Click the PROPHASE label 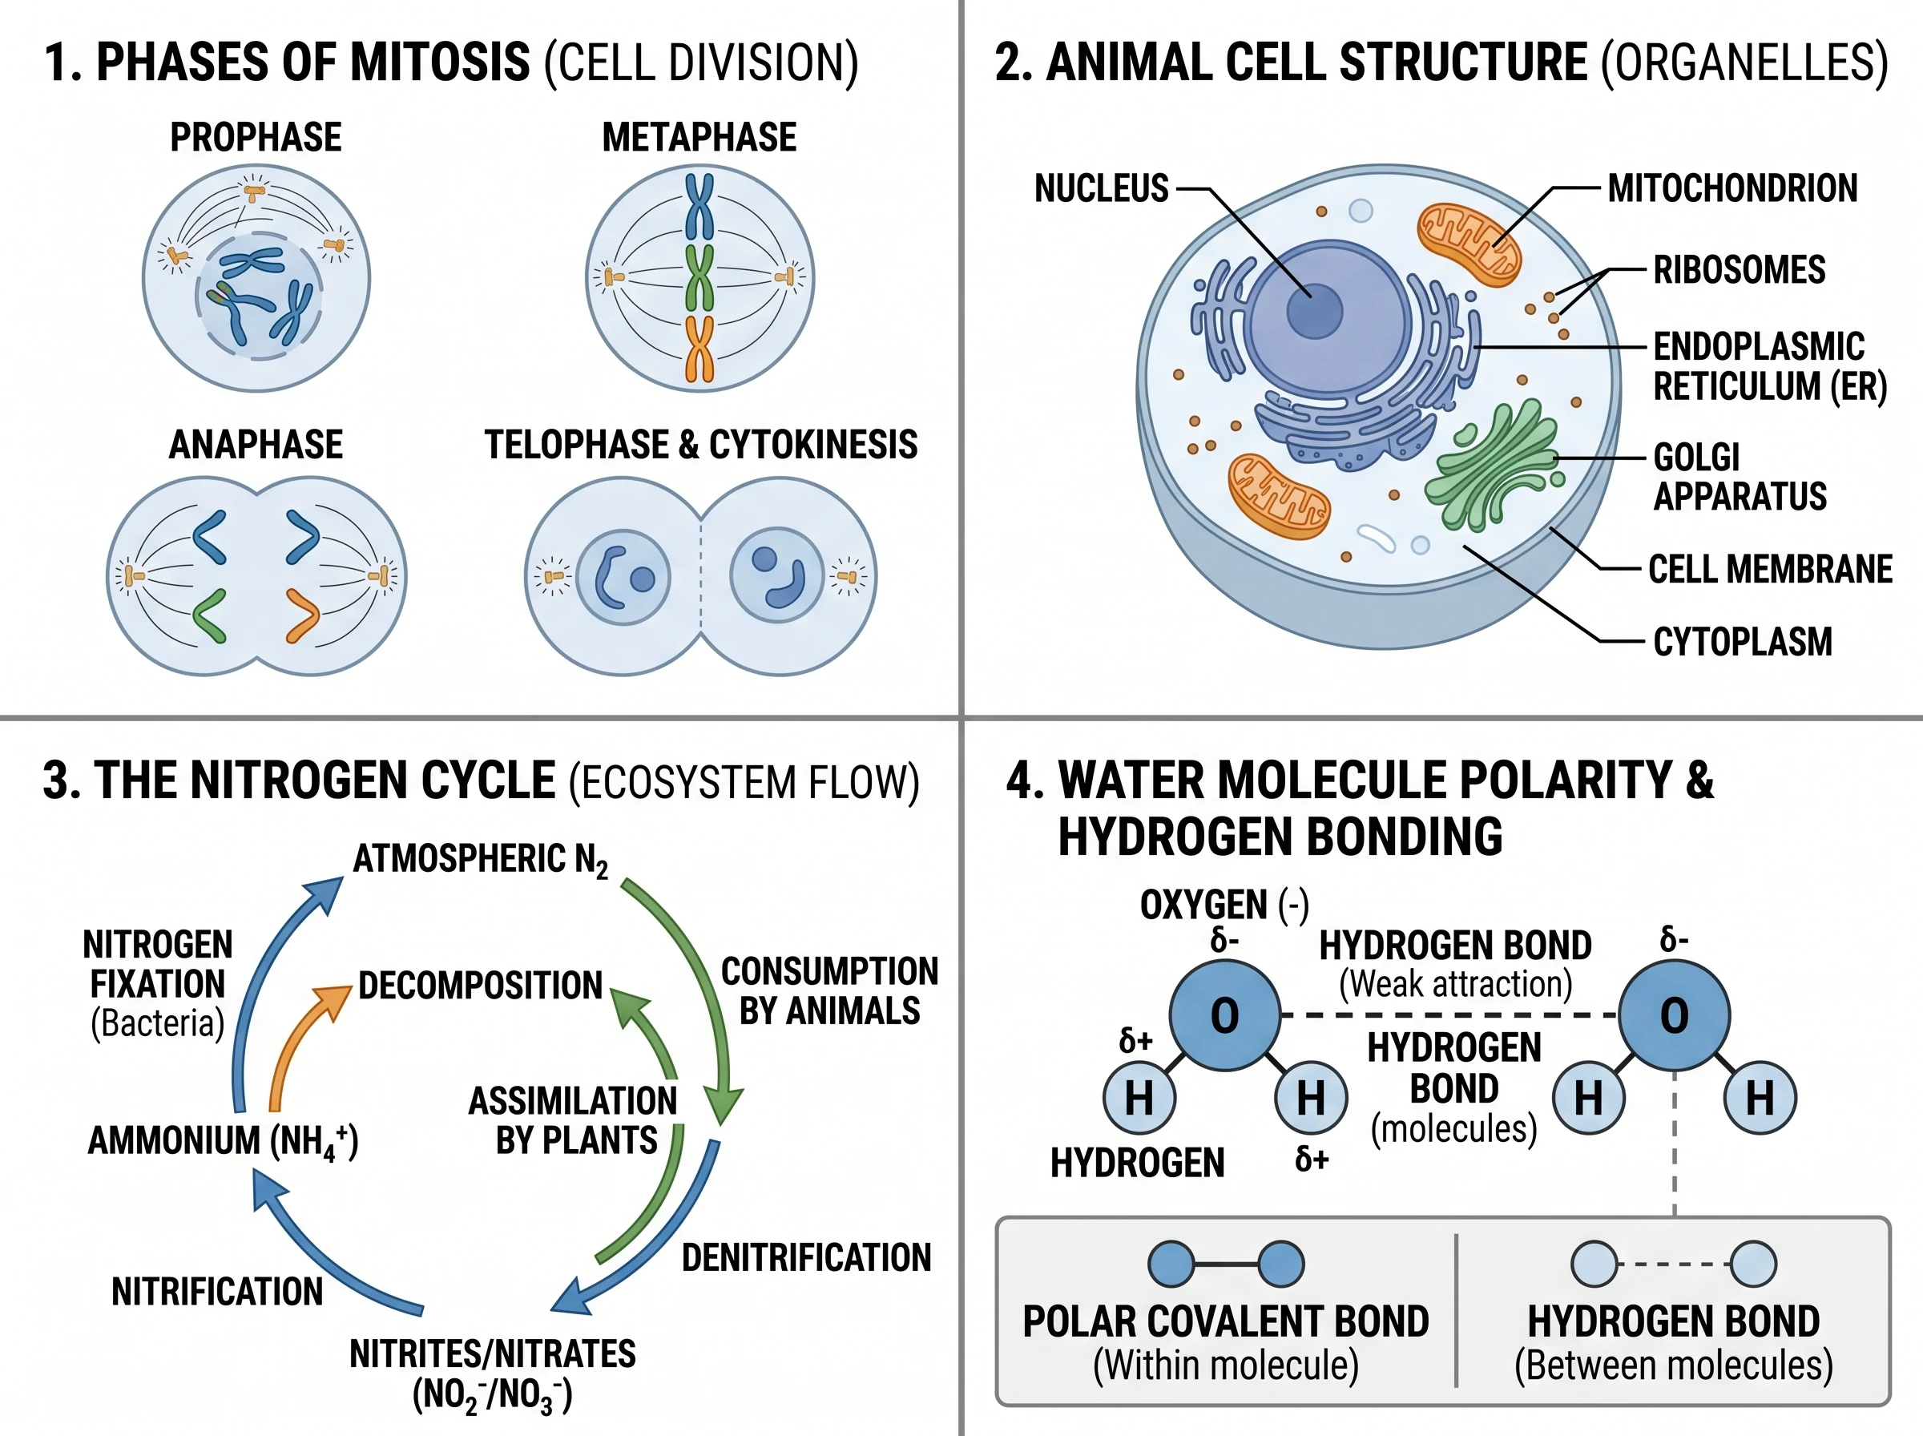256,137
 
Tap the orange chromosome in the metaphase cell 699,349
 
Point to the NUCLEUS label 1101,188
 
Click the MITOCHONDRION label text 1732,188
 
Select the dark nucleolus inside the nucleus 1313,310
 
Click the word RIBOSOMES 1739,270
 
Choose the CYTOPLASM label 1742,643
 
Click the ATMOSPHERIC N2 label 480,860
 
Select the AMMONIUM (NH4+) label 223,1141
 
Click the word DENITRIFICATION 805,1258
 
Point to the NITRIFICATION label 217,1292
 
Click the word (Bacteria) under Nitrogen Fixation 157,1023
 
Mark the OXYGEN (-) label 1224,905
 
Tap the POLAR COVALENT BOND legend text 1225,1321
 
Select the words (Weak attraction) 1456,984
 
